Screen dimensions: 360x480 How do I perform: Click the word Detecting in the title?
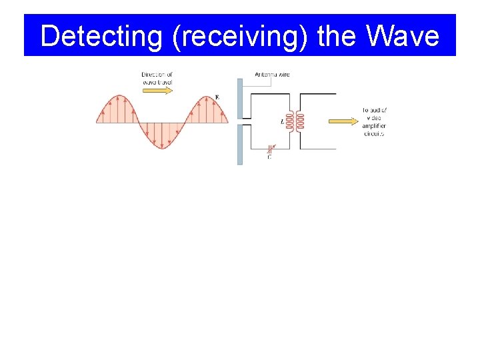[x=100, y=36]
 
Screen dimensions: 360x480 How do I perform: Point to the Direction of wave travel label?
[x=157, y=78]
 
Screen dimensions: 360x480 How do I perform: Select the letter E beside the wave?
[x=217, y=98]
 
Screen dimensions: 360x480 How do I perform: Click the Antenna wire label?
[x=272, y=74]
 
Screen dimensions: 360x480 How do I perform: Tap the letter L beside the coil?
[x=282, y=122]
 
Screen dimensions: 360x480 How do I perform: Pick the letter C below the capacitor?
[x=269, y=157]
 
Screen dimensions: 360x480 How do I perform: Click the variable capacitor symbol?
[x=270, y=148]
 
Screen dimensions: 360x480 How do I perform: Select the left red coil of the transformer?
[x=290, y=121]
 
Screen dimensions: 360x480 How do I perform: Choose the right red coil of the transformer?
[x=300, y=121]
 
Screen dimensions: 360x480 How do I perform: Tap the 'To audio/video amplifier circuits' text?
[x=375, y=121]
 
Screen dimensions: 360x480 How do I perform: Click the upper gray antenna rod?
[x=240, y=99]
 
